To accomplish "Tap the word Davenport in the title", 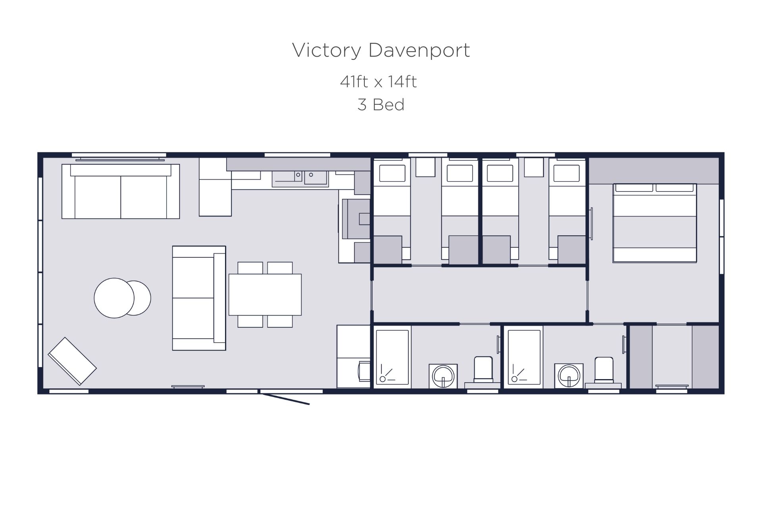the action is point(419,50).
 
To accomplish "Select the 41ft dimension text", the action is point(354,82).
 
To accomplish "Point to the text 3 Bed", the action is point(381,105).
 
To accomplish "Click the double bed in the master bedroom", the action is point(654,223).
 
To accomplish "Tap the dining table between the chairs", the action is point(265,295).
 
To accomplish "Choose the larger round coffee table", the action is point(114,298).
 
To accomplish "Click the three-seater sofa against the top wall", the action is point(121,191).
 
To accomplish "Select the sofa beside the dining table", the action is point(199,298).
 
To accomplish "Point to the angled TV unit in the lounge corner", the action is point(72,361).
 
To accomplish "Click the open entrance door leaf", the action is point(285,399).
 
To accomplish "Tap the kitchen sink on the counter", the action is point(300,178).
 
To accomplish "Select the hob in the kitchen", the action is point(356,219).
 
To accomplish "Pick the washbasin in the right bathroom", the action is point(569,376).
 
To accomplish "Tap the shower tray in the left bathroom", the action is point(393,357).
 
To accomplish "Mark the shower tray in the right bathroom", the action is point(524,357).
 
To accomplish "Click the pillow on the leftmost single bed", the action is point(392,173).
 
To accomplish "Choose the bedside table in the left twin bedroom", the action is point(425,167).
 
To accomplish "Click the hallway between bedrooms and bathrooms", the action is point(479,295).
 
